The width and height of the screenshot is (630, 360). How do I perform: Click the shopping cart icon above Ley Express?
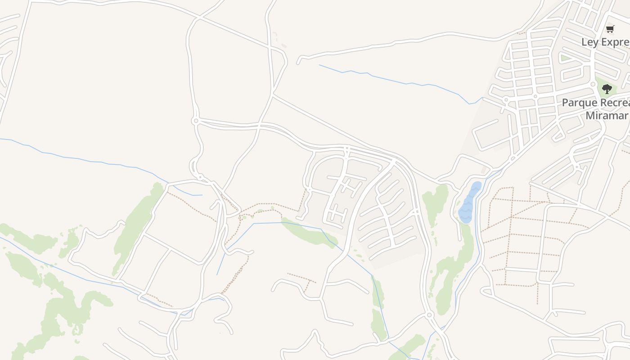point(610,29)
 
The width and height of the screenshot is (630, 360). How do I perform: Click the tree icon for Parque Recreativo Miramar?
point(607,89)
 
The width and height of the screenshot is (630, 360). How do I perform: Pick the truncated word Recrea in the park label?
point(614,103)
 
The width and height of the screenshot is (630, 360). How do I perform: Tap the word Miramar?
point(606,115)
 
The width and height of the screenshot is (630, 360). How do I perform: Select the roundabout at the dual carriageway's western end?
point(195,121)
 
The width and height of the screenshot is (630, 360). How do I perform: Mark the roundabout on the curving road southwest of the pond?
point(429,315)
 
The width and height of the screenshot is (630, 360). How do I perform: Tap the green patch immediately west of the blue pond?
point(436,202)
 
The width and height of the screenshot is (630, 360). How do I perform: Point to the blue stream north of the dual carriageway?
point(396,81)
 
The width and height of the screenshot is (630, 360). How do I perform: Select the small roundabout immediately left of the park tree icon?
point(593,84)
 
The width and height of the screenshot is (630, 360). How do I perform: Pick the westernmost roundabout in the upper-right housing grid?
point(506,99)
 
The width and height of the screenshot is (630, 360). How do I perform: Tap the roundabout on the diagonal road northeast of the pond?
point(513,159)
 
